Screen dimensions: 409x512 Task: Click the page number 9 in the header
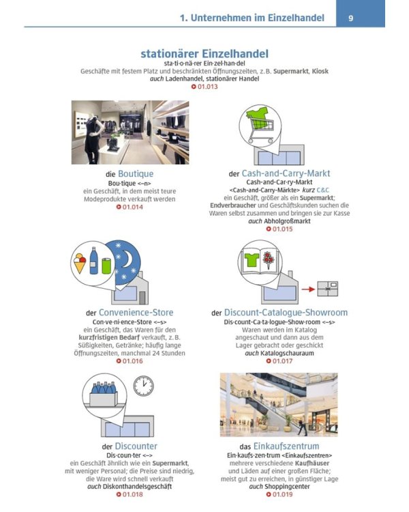click(350, 18)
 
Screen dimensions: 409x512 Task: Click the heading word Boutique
click(136, 173)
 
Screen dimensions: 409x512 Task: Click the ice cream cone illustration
click(80, 264)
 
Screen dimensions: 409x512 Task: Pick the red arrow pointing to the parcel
click(308, 289)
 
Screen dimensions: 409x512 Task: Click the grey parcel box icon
click(328, 289)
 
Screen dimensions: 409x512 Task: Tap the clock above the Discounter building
click(144, 386)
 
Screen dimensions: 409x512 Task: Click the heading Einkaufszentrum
click(286, 446)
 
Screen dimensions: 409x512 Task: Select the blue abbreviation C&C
click(323, 190)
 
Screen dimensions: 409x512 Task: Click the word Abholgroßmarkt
click(287, 221)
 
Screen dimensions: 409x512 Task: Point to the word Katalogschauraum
click(287, 353)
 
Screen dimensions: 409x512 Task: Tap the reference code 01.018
click(130, 494)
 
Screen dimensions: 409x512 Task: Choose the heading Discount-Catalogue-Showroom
click(286, 313)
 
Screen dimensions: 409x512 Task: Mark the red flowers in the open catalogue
click(269, 259)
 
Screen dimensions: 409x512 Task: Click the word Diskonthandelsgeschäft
click(137, 487)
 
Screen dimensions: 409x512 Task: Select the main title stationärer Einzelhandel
click(204, 53)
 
